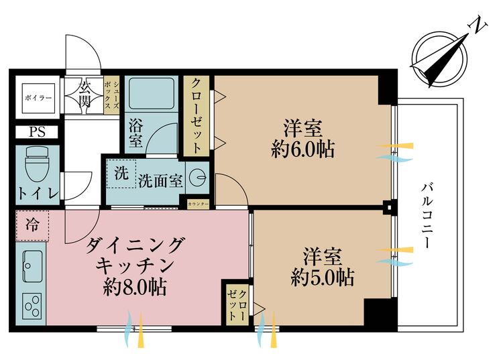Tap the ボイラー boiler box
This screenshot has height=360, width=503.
pos(38,98)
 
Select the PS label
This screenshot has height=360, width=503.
pos(37,132)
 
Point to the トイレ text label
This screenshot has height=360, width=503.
pos(38,193)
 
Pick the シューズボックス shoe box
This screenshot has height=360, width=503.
pos(111,95)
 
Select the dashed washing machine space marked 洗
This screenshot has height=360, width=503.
pos(121,174)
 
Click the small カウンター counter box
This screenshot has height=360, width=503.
pos(199,204)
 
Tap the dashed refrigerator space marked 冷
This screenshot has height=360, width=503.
pos(32,225)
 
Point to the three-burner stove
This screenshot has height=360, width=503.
pos(32,306)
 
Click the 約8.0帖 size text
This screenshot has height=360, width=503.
pos(135,287)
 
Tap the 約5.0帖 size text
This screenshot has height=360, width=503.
pos(323,278)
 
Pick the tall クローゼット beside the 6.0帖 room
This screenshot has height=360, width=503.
pos(197,116)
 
